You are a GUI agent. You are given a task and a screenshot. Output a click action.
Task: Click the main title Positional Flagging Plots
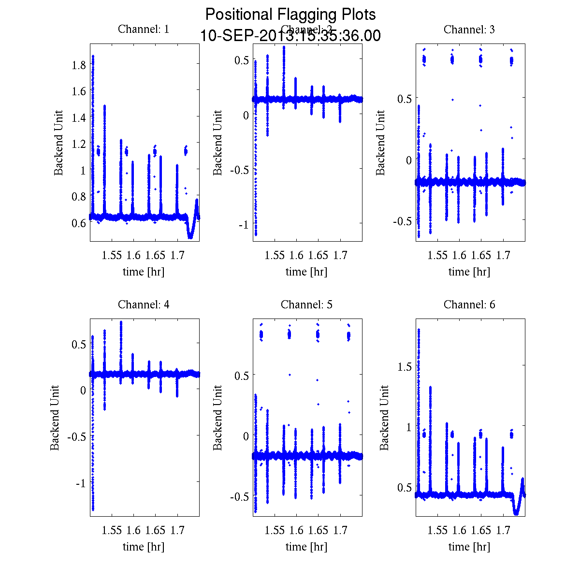pos(290,14)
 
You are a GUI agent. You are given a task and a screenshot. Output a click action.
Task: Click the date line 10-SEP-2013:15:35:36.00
pos(290,36)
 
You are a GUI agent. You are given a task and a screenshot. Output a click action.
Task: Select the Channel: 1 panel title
pos(144,29)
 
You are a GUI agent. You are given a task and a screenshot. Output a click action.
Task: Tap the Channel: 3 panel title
pos(469,29)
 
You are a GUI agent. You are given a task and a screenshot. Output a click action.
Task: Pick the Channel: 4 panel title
pos(144,304)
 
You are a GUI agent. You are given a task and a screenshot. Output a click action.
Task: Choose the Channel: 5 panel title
pos(306,304)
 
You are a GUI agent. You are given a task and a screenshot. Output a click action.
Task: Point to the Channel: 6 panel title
pos(469,304)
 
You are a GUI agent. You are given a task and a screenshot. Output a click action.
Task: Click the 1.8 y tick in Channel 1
pos(79,65)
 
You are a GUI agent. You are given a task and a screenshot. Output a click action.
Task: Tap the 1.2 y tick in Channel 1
pos(79,144)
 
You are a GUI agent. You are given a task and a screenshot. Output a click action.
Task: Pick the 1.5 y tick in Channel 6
pos(404,366)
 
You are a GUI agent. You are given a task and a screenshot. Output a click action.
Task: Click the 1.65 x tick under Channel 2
pos(318,255)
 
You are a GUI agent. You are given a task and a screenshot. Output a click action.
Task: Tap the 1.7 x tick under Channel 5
pos(340,530)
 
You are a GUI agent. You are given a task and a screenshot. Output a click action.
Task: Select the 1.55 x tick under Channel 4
pos(112,530)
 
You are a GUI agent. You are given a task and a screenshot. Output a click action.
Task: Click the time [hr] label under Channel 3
pos(469,272)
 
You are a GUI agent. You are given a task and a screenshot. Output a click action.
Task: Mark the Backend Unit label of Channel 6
pos(384,418)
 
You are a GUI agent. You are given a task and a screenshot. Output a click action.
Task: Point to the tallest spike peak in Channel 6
pos(419,330)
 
